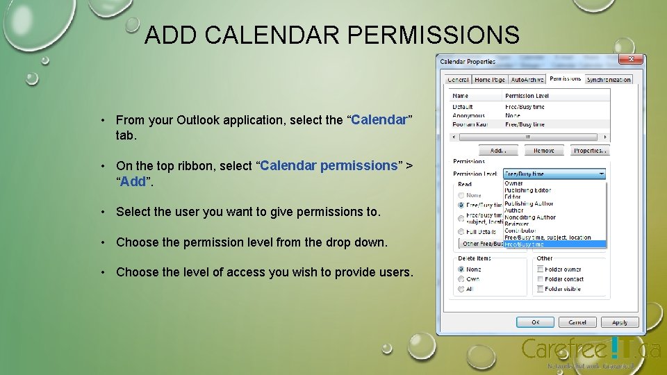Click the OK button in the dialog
(535, 322)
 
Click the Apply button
(620, 322)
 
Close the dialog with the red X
(630, 60)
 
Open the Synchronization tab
(609, 80)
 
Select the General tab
(458, 80)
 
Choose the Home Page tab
(489, 80)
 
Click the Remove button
(544, 150)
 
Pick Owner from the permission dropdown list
(514, 184)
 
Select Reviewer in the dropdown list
(518, 224)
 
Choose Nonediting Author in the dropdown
(530, 217)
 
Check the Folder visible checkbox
(540, 289)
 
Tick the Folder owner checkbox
(540, 269)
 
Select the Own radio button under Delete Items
(461, 279)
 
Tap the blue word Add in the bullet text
(133, 182)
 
